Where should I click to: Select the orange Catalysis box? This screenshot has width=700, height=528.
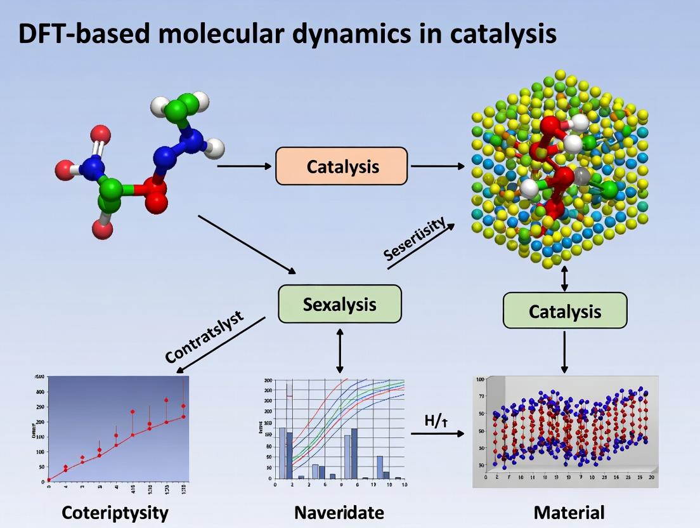click(341, 166)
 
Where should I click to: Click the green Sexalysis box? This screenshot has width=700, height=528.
click(340, 304)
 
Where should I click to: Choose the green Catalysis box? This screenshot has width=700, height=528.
click(564, 311)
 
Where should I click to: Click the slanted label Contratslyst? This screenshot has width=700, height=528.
click(204, 337)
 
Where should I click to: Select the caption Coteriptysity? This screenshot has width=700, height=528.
click(115, 513)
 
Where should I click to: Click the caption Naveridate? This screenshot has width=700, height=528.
click(340, 513)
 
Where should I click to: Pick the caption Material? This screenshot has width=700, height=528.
click(569, 513)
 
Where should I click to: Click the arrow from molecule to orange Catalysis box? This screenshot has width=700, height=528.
click(244, 166)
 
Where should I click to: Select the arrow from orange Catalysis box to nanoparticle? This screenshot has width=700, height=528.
click(437, 166)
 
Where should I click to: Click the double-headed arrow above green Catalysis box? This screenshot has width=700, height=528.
click(564, 279)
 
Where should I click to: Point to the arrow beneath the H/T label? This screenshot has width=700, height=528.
click(437, 434)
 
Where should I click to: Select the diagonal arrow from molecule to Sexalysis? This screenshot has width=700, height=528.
click(247, 245)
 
